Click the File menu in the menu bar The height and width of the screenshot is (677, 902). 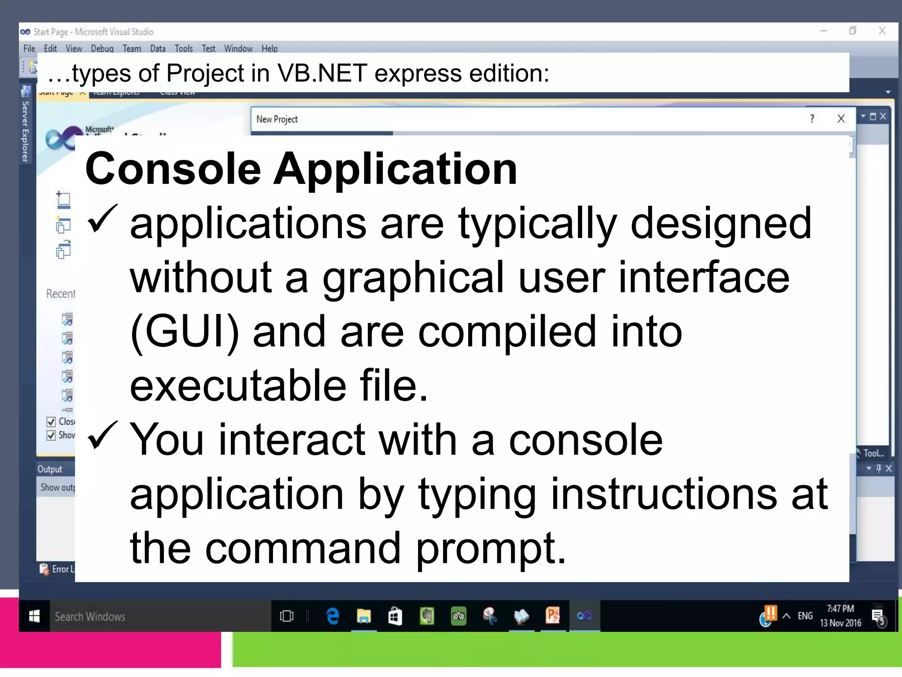(x=29, y=48)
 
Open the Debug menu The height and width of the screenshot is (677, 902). (x=102, y=48)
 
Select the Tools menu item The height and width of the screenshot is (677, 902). (x=184, y=48)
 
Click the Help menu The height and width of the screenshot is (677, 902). (x=270, y=48)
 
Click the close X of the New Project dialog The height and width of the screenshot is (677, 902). (x=841, y=119)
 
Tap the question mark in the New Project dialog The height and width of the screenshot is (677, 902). (x=812, y=119)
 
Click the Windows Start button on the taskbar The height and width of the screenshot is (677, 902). (x=34, y=616)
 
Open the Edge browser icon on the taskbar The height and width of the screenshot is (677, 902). (x=333, y=616)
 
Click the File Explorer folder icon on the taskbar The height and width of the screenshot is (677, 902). (x=364, y=616)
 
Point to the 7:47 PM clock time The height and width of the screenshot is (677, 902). (x=840, y=609)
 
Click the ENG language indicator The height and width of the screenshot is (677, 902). (x=805, y=616)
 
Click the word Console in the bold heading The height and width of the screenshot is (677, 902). (x=173, y=169)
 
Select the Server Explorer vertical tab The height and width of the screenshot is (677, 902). (x=26, y=131)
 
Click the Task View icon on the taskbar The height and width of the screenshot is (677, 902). (x=287, y=616)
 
